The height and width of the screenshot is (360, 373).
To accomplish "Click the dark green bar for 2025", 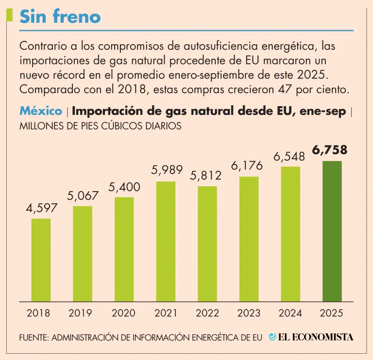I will pos(332,231).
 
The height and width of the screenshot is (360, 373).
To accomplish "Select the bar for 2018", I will pos(41,260).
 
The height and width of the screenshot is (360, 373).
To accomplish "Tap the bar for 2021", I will pos(166,241).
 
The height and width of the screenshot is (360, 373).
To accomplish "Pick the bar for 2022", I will pos(207,244).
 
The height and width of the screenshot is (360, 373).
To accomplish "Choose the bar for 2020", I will pos(124,249).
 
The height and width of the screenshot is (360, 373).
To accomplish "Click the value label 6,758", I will pos(330,150).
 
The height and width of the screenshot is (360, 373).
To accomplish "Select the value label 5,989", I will pos(167,170).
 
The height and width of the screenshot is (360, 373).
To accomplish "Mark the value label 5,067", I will pos(83,196).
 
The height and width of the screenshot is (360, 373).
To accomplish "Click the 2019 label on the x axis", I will pos(80,313).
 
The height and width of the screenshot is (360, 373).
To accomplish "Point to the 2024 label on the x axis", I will pos(290,313).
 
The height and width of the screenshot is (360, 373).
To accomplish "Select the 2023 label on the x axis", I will pos(249,313).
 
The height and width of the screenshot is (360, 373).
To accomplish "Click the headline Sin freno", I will pos(60,17).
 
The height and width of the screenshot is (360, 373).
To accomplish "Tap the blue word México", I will pos(41,111).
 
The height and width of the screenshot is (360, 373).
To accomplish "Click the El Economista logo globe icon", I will pos(273,337).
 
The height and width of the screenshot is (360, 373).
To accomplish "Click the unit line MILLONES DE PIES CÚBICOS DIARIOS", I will pos(101,126).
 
